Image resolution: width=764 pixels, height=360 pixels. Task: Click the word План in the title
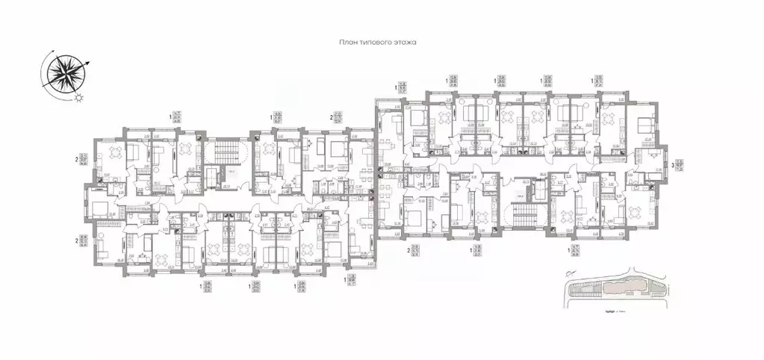(x=348, y=44)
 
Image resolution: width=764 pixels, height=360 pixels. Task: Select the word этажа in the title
(x=403, y=44)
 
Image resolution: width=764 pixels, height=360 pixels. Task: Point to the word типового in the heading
(x=375, y=44)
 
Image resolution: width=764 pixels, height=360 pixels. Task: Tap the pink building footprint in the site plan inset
(x=624, y=287)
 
